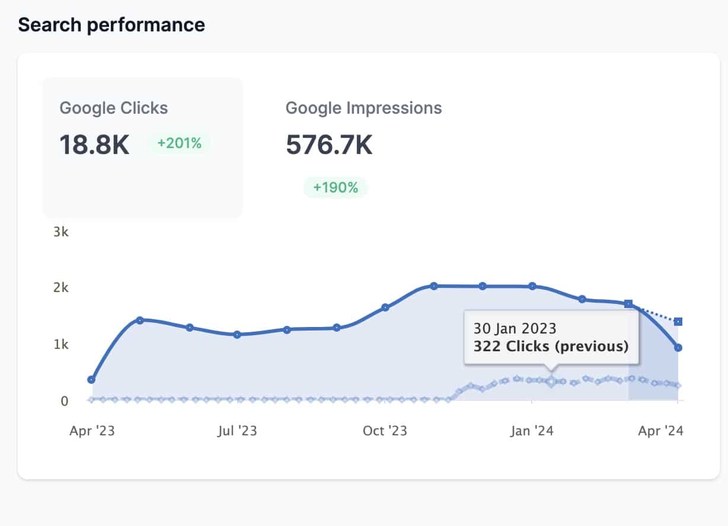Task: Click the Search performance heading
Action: coord(111,25)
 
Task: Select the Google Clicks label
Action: coord(114,108)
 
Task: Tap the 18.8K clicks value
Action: coord(94,145)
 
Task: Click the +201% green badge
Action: coord(179,143)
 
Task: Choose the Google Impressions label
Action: coord(363,108)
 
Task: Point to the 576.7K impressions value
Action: coord(329,145)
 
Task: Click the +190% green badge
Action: coord(336,188)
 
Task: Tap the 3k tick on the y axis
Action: coord(61,232)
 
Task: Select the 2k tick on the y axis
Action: coord(61,288)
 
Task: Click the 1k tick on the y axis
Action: coord(61,344)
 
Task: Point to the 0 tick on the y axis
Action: coord(64,400)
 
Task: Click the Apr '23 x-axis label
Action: coord(92,431)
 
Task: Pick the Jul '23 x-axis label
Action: coord(237,431)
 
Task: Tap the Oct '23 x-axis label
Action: coord(385,431)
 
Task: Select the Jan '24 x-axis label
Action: coord(532,431)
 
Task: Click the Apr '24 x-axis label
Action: coord(660,431)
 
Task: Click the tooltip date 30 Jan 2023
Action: coord(515,328)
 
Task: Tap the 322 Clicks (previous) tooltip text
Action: coord(551,346)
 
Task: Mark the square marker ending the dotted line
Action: coord(678,322)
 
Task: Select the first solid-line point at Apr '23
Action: coord(91,379)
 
